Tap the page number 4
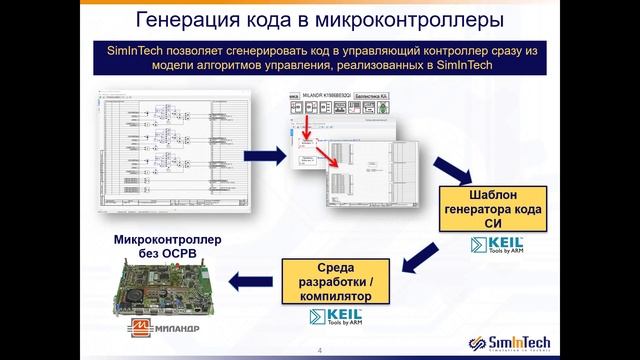pyautogui.click(x=319, y=351)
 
